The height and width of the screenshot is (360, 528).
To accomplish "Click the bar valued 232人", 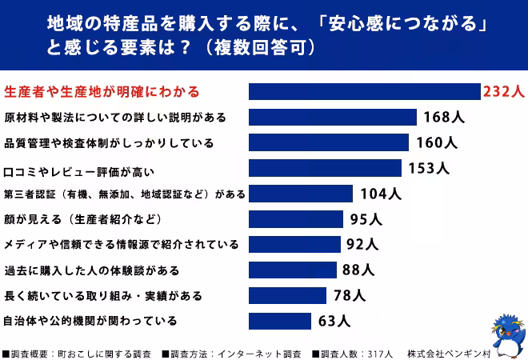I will click(364, 91).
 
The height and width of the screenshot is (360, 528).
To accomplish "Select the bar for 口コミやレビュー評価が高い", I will click(325, 168).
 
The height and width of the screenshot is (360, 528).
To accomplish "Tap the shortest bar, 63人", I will click(279, 322).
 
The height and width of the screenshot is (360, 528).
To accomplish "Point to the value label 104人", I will click(381, 194).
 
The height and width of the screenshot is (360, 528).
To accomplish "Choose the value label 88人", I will click(358, 270).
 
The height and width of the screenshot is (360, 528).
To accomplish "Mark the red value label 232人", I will click(503, 92).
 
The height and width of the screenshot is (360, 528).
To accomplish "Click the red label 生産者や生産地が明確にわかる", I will click(102, 91).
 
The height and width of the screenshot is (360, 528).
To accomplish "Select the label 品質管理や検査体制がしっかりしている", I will click(109, 143).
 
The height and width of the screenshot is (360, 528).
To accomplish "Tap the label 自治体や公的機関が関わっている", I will click(90, 322).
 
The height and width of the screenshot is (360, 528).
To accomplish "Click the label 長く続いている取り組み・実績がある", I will click(103, 296).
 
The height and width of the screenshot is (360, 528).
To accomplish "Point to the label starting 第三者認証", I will click(124, 194).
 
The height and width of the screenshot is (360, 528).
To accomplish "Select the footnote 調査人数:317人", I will click(352, 353).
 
